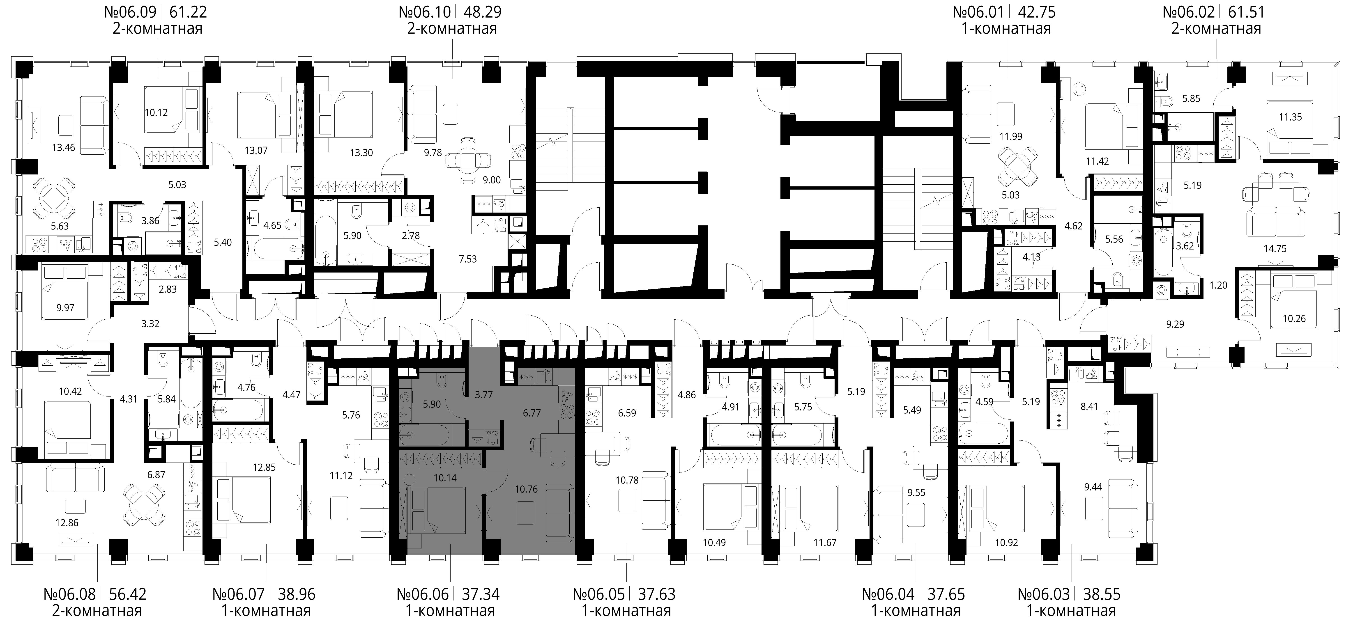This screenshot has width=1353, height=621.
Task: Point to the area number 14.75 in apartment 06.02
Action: point(1275,249)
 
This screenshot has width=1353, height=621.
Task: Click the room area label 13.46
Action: point(64,147)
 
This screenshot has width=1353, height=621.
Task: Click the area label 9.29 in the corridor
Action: point(1176,324)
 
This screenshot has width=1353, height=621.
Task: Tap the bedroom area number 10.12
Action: point(156,112)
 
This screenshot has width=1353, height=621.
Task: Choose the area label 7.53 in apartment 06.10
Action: point(467,259)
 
